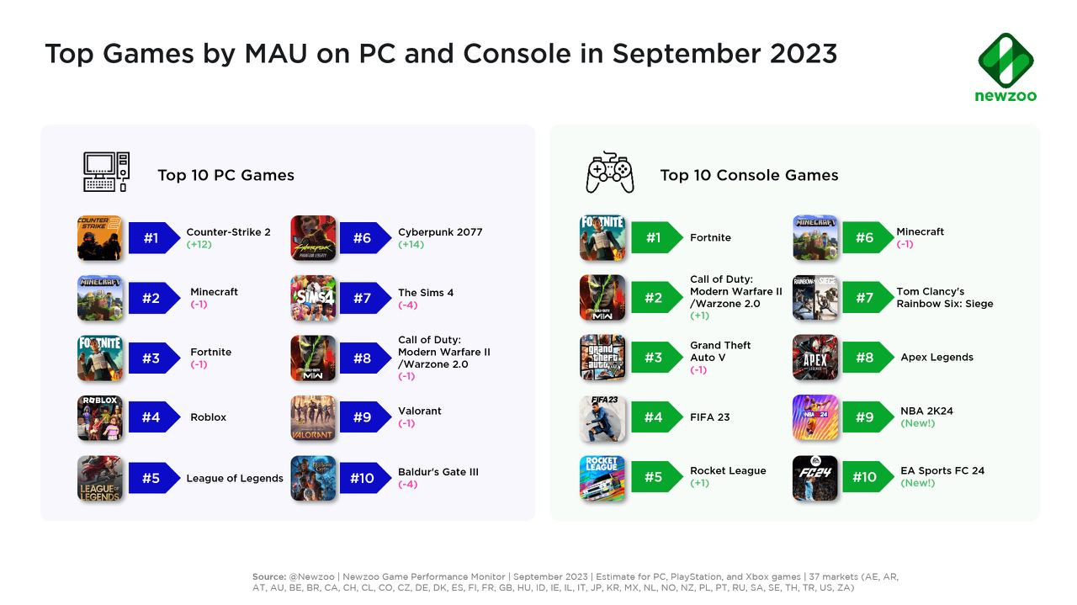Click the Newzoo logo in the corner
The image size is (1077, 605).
[x=1005, y=67]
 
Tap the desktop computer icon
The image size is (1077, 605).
[x=106, y=172]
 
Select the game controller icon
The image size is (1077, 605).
[x=610, y=172]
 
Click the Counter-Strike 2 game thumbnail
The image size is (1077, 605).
[x=100, y=238]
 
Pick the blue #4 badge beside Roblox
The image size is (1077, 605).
[x=154, y=417]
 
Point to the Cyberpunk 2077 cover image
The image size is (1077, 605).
[x=313, y=238]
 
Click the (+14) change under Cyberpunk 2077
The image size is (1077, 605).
[x=411, y=244]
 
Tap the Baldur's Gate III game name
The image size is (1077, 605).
[x=438, y=472]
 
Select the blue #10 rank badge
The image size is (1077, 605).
[x=365, y=478]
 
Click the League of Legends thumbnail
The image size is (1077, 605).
[x=100, y=479]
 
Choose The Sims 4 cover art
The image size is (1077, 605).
[x=313, y=298]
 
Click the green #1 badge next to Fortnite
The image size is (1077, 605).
[x=656, y=237]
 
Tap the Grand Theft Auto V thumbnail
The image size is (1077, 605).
[x=602, y=358]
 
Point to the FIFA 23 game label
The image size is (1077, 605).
[x=709, y=417]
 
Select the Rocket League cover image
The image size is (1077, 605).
[x=602, y=478]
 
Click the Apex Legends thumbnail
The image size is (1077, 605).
[x=815, y=358]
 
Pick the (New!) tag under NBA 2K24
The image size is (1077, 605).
[x=917, y=423]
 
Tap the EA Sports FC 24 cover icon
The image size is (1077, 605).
[x=815, y=478]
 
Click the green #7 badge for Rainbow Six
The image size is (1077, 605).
[x=867, y=298]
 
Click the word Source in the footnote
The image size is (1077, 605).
[x=269, y=576]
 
